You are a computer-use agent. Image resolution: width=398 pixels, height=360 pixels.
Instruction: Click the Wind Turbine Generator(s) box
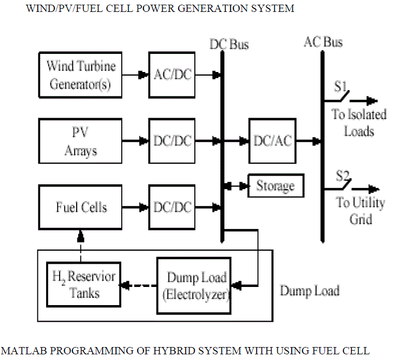click(x=80, y=75)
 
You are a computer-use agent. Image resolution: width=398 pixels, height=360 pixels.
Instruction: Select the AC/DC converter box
click(x=172, y=75)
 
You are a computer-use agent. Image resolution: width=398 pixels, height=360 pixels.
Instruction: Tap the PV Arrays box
click(x=80, y=141)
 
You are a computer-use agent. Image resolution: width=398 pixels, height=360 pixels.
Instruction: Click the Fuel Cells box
click(x=80, y=208)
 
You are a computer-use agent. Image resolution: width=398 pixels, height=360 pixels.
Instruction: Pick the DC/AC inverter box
click(x=273, y=140)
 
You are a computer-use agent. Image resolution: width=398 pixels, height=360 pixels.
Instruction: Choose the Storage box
click(x=275, y=186)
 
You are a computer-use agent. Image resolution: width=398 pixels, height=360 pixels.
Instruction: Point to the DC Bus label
click(x=229, y=45)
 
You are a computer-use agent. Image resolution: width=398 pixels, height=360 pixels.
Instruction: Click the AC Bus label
click(x=323, y=41)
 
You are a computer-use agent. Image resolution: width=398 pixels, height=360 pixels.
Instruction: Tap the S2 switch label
click(x=343, y=177)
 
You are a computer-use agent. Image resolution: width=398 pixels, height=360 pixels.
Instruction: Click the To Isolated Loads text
click(x=359, y=122)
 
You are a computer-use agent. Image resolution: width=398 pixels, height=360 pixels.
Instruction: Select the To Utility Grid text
click(x=360, y=210)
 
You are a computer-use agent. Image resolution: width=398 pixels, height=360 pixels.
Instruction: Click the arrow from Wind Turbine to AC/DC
click(x=135, y=75)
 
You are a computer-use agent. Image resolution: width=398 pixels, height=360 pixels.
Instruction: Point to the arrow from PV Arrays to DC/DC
click(x=135, y=141)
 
